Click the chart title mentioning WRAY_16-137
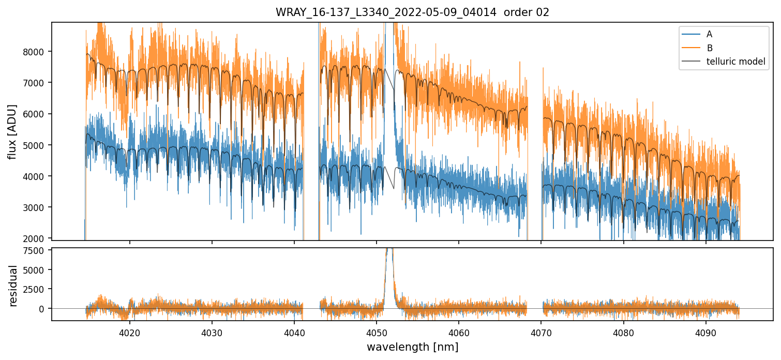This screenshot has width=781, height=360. pyautogui.click(x=412, y=12)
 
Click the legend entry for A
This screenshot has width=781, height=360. pyautogui.click(x=709, y=34)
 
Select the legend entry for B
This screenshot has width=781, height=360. pyautogui.click(x=709, y=48)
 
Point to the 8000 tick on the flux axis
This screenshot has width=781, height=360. pyautogui.click(x=36, y=52)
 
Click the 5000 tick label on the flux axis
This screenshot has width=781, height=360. pyautogui.click(x=36, y=145)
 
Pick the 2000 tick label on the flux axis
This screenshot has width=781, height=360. pyautogui.click(x=36, y=238)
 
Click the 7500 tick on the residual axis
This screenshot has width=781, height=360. pyautogui.click(x=36, y=252)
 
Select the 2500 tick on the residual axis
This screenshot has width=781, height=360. pyautogui.click(x=36, y=289)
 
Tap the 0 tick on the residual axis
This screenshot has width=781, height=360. pyautogui.click(x=43, y=309)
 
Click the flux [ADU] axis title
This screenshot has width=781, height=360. pyautogui.click(x=12, y=131)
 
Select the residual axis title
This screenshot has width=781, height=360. pyautogui.click(x=13, y=286)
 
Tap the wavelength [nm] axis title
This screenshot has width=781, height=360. pyautogui.click(x=412, y=347)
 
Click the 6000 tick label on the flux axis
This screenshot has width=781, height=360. pyautogui.click(x=36, y=114)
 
